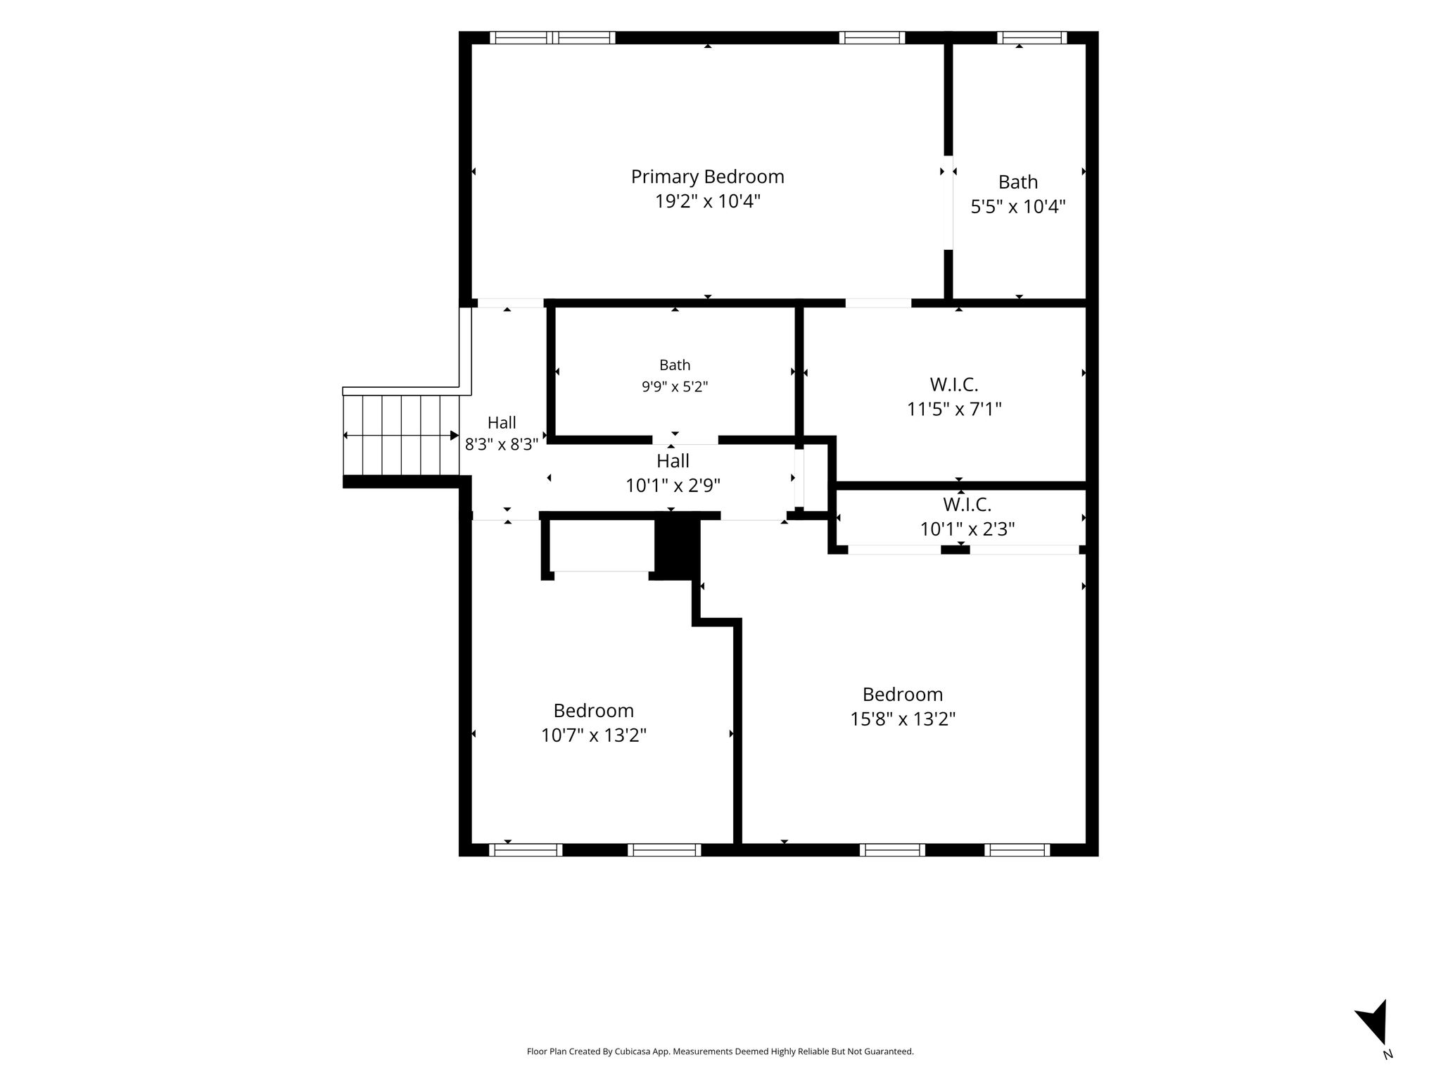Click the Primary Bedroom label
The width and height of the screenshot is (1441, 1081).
[x=707, y=177]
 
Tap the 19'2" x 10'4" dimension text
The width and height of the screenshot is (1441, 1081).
[x=708, y=201]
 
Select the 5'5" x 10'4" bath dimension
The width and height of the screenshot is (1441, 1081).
[x=1018, y=206]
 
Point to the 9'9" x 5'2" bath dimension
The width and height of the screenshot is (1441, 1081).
[x=675, y=386]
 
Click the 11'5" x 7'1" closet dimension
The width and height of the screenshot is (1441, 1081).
[x=954, y=409]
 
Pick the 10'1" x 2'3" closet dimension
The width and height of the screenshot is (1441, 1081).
[x=967, y=529]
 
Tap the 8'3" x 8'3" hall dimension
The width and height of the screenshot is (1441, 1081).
[x=502, y=445]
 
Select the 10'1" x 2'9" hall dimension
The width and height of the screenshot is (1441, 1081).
[x=673, y=486]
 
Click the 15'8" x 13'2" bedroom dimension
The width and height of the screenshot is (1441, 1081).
[x=903, y=719]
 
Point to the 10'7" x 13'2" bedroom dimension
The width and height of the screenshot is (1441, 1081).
[x=594, y=735]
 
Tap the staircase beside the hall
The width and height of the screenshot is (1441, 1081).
[x=401, y=436]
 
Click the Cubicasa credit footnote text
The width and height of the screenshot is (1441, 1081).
[x=720, y=1051]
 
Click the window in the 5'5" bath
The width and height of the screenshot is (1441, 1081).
[x=1032, y=38]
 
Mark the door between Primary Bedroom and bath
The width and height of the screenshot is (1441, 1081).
[x=948, y=203]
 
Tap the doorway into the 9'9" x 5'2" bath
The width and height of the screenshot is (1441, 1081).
[x=685, y=441]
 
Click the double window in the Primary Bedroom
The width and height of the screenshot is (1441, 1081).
[x=553, y=38]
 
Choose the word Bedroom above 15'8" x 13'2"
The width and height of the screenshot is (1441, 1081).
[x=903, y=695]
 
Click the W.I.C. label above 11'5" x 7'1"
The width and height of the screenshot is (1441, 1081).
[x=954, y=385]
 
